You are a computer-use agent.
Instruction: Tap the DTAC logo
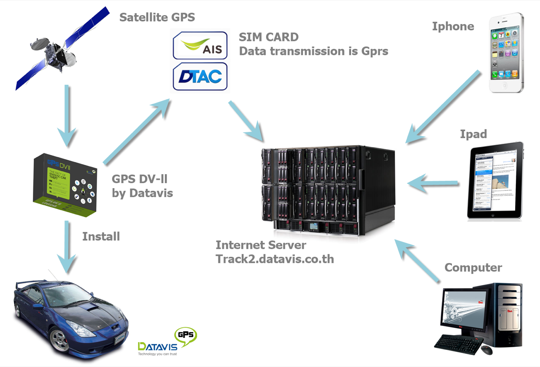coord(200,76)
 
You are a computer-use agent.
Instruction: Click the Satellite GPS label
coord(157,17)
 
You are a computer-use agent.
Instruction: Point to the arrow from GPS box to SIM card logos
coord(137,131)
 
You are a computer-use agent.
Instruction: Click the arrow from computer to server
coord(418,259)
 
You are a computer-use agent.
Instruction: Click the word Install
coord(101,236)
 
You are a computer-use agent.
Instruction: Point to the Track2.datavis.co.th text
coord(275,259)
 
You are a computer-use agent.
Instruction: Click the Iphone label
coord(453,26)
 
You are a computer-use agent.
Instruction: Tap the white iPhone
coord(506,52)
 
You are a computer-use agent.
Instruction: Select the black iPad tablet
coord(495,181)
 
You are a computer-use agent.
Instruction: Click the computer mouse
coord(486,350)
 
